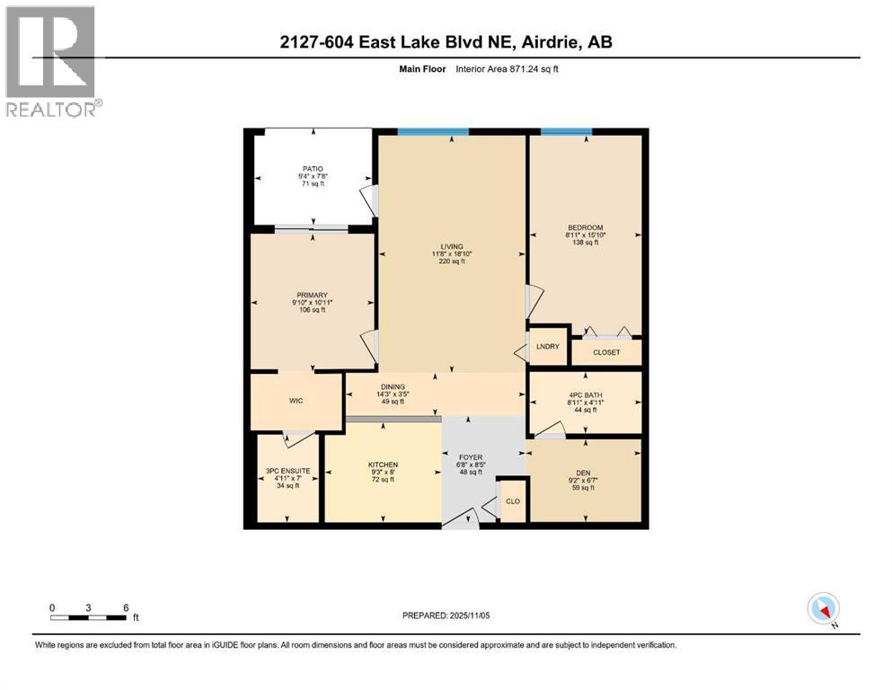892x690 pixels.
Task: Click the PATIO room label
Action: click(x=312, y=168)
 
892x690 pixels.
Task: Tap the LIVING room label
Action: click(x=450, y=246)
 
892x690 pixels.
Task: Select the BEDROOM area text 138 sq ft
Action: click(x=585, y=243)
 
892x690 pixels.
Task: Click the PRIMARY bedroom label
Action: click(x=312, y=295)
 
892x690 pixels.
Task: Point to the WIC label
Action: click(x=296, y=402)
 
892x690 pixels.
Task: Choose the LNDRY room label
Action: click(x=547, y=346)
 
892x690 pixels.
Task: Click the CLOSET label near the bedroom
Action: click(x=606, y=352)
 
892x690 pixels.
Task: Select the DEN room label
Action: click(x=583, y=473)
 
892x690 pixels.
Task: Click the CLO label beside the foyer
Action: click(x=512, y=501)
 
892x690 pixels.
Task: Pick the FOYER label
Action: click(x=472, y=456)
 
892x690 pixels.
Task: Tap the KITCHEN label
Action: click(x=383, y=464)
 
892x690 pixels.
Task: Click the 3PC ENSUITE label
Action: click(x=287, y=471)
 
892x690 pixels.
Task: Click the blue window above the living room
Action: click(x=433, y=132)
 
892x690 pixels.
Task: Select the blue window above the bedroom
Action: click(x=566, y=132)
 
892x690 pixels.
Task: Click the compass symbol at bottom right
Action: click(x=824, y=608)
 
